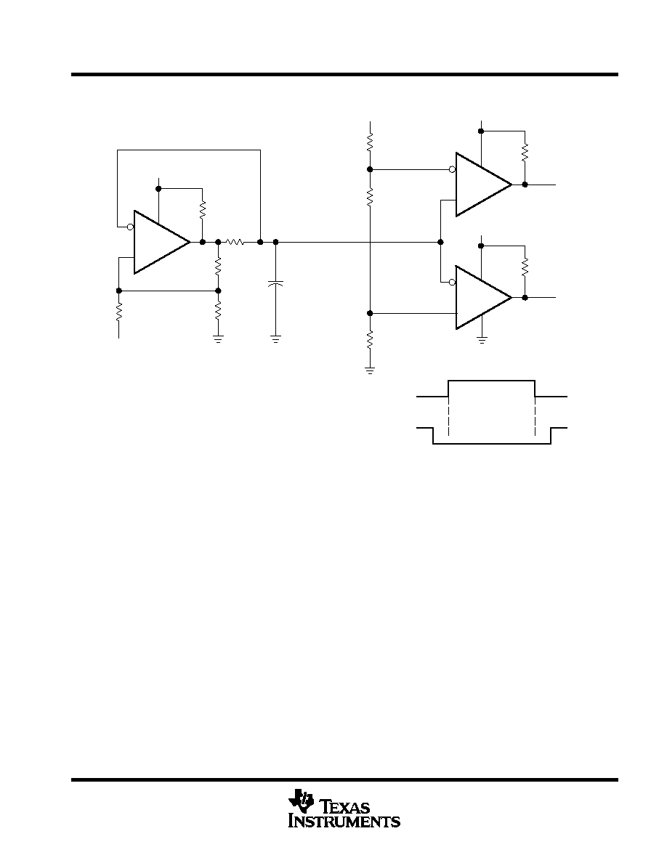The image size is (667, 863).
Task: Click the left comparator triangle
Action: (162, 242)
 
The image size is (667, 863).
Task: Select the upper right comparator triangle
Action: (483, 185)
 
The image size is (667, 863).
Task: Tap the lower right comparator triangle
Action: (483, 298)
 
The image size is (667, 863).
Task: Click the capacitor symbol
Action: (275, 284)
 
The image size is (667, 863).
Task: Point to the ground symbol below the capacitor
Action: (275, 338)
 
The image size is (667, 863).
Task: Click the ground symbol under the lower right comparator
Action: (482, 339)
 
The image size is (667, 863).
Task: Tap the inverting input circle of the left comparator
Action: (131, 227)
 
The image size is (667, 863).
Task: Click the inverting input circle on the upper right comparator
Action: (453, 169)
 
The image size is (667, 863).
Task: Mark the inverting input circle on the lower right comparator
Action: (453, 283)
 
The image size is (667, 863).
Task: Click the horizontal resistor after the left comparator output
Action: (235, 242)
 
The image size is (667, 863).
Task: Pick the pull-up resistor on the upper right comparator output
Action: (525, 151)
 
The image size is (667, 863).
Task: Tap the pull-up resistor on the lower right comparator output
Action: (525, 266)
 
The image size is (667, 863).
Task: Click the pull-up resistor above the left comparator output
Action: (203, 209)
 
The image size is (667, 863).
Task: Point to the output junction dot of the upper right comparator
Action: (525, 185)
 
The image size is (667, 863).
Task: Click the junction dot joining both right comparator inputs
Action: (440, 242)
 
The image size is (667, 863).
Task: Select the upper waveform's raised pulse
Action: (491, 381)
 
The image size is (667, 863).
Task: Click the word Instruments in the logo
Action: (344, 821)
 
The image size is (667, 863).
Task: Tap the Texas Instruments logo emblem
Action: (301, 801)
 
